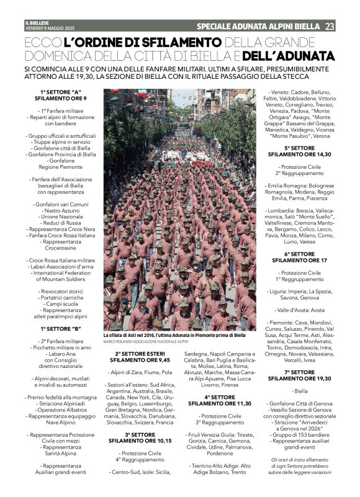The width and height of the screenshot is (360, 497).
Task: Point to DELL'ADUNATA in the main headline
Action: click(289, 56)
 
